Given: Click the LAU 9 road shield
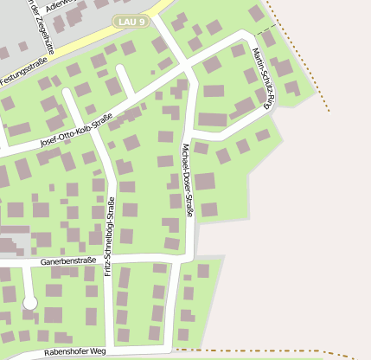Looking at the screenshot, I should [131, 20].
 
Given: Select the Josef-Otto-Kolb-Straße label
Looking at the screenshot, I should [82, 131].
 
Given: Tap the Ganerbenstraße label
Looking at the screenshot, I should [67, 260].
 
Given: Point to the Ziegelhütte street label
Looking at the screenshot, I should [42, 26].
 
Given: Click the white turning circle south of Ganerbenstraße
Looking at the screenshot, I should [30, 303].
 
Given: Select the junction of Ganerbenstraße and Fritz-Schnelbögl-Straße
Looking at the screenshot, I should [112, 260].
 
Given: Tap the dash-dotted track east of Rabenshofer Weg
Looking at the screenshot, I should [259, 351].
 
